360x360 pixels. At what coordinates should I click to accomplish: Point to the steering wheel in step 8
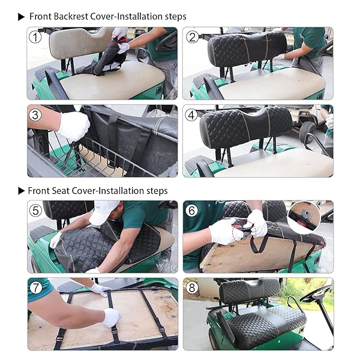(x=316, y=294)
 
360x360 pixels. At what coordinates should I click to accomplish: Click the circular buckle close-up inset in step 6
(x=304, y=217)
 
